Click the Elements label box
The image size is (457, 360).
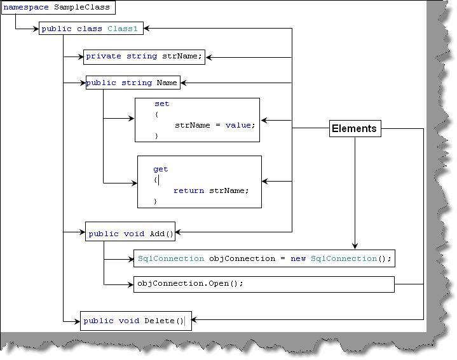coord(355,128)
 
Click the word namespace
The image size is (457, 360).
coord(26,7)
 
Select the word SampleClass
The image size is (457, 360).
coord(82,7)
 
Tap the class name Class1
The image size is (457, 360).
coord(123,29)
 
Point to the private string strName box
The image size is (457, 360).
coord(144,57)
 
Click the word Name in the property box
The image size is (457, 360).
coord(167,83)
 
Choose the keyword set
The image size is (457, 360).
coord(161,103)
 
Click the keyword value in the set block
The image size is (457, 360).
coord(238,125)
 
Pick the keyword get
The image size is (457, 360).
coord(161,170)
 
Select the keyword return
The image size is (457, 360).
coord(189,190)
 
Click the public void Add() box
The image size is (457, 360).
coord(130,232)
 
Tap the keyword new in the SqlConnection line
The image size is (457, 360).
coord(298,258)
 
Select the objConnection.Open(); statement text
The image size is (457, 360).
coord(190,283)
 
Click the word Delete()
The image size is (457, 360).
coord(164,321)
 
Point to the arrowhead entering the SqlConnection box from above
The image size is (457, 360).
coord(355,246)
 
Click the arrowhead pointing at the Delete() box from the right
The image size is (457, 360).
coord(194,319)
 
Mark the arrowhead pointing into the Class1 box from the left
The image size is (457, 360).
coord(36,29)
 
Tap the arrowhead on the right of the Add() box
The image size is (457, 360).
coord(179,232)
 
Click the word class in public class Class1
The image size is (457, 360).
coord(90,29)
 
